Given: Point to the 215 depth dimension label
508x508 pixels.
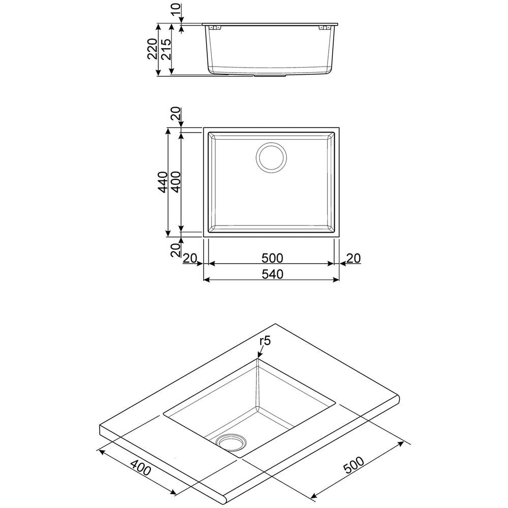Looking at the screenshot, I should [x=165, y=49].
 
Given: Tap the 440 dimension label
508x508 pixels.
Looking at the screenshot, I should [x=162, y=182].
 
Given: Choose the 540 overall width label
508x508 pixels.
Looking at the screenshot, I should [x=272, y=274].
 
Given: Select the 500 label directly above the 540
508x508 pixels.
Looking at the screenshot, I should [x=272, y=258].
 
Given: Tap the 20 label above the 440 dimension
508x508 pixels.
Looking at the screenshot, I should [x=175, y=115].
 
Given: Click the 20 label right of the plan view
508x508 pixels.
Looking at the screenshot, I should [x=353, y=258].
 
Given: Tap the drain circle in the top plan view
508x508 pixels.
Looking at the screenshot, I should [x=272, y=157].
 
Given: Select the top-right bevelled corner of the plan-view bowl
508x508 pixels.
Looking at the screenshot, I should [x=332, y=136].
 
